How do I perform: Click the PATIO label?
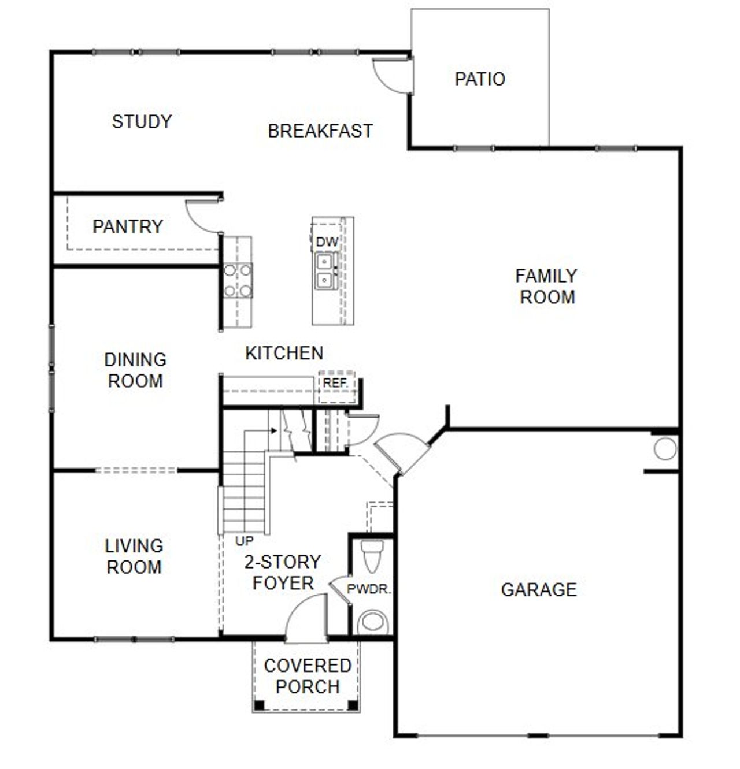[480, 79]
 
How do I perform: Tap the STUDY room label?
[142, 122]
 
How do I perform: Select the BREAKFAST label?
[320, 131]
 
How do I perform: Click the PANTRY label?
[128, 226]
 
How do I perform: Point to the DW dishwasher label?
[327, 242]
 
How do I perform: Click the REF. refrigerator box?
[336, 384]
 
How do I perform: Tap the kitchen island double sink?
[324, 271]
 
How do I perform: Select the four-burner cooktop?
[238, 280]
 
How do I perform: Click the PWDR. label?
[369, 590]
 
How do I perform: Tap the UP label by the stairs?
[245, 542]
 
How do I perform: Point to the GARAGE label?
[538, 590]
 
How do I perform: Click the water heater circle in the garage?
[665, 449]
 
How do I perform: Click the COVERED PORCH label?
[307, 676]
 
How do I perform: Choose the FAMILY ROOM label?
[546, 287]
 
